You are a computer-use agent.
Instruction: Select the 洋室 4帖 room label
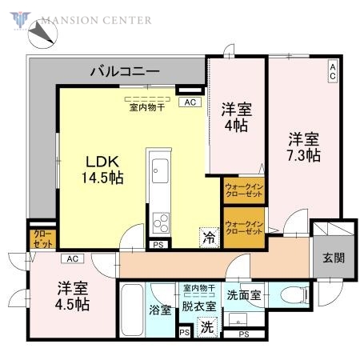click(235, 117)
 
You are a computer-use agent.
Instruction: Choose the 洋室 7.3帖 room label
click(304, 146)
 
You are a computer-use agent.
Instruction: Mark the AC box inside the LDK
click(190, 102)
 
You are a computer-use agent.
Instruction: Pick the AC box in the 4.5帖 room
click(72, 258)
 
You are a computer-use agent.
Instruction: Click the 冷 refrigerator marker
click(208, 237)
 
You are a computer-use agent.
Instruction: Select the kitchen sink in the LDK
click(158, 171)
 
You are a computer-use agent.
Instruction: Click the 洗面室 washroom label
click(244, 294)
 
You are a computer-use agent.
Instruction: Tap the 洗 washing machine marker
click(206, 326)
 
